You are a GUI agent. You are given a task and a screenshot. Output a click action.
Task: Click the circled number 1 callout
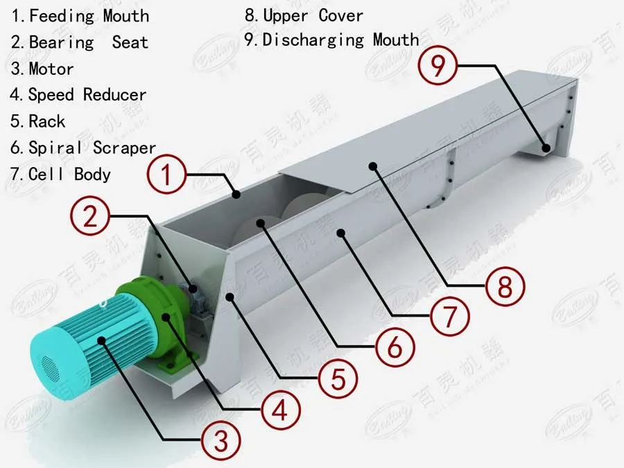[x=167, y=175]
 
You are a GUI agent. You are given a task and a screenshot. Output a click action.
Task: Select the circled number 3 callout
[x=221, y=439]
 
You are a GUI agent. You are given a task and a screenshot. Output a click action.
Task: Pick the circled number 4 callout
[x=280, y=410]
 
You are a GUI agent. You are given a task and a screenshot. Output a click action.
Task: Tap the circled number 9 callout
[x=439, y=66]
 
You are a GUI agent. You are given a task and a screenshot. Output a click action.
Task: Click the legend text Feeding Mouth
[x=89, y=15]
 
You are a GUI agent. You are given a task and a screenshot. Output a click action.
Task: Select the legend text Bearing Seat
[x=88, y=42]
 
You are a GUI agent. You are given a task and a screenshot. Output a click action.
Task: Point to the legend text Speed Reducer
[x=87, y=95]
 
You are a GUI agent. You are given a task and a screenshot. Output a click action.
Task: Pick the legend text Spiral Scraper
[x=92, y=148]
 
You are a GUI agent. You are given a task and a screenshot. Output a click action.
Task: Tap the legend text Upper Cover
[x=313, y=15]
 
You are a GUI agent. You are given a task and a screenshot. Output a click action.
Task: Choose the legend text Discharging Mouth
[x=340, y=40]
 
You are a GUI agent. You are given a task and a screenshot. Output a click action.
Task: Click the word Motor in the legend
[x=51, y=69]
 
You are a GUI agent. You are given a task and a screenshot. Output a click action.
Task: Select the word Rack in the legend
[x=47, y=121]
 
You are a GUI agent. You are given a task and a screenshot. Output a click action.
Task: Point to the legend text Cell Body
[x=69, y=173]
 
